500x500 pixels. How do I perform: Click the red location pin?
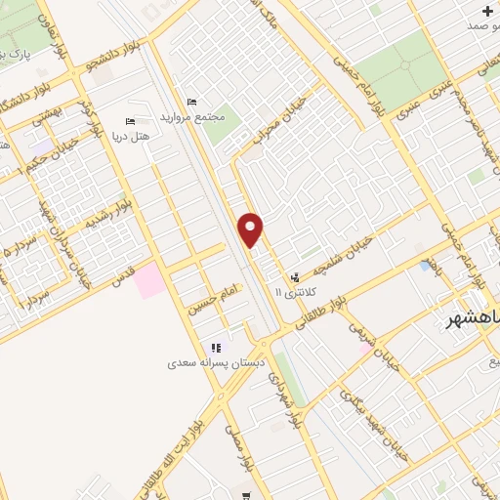point(251,229)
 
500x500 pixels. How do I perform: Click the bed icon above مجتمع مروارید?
point(190,101)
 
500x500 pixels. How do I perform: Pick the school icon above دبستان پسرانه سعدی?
point(216,348)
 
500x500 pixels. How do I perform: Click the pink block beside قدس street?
point(149,281)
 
